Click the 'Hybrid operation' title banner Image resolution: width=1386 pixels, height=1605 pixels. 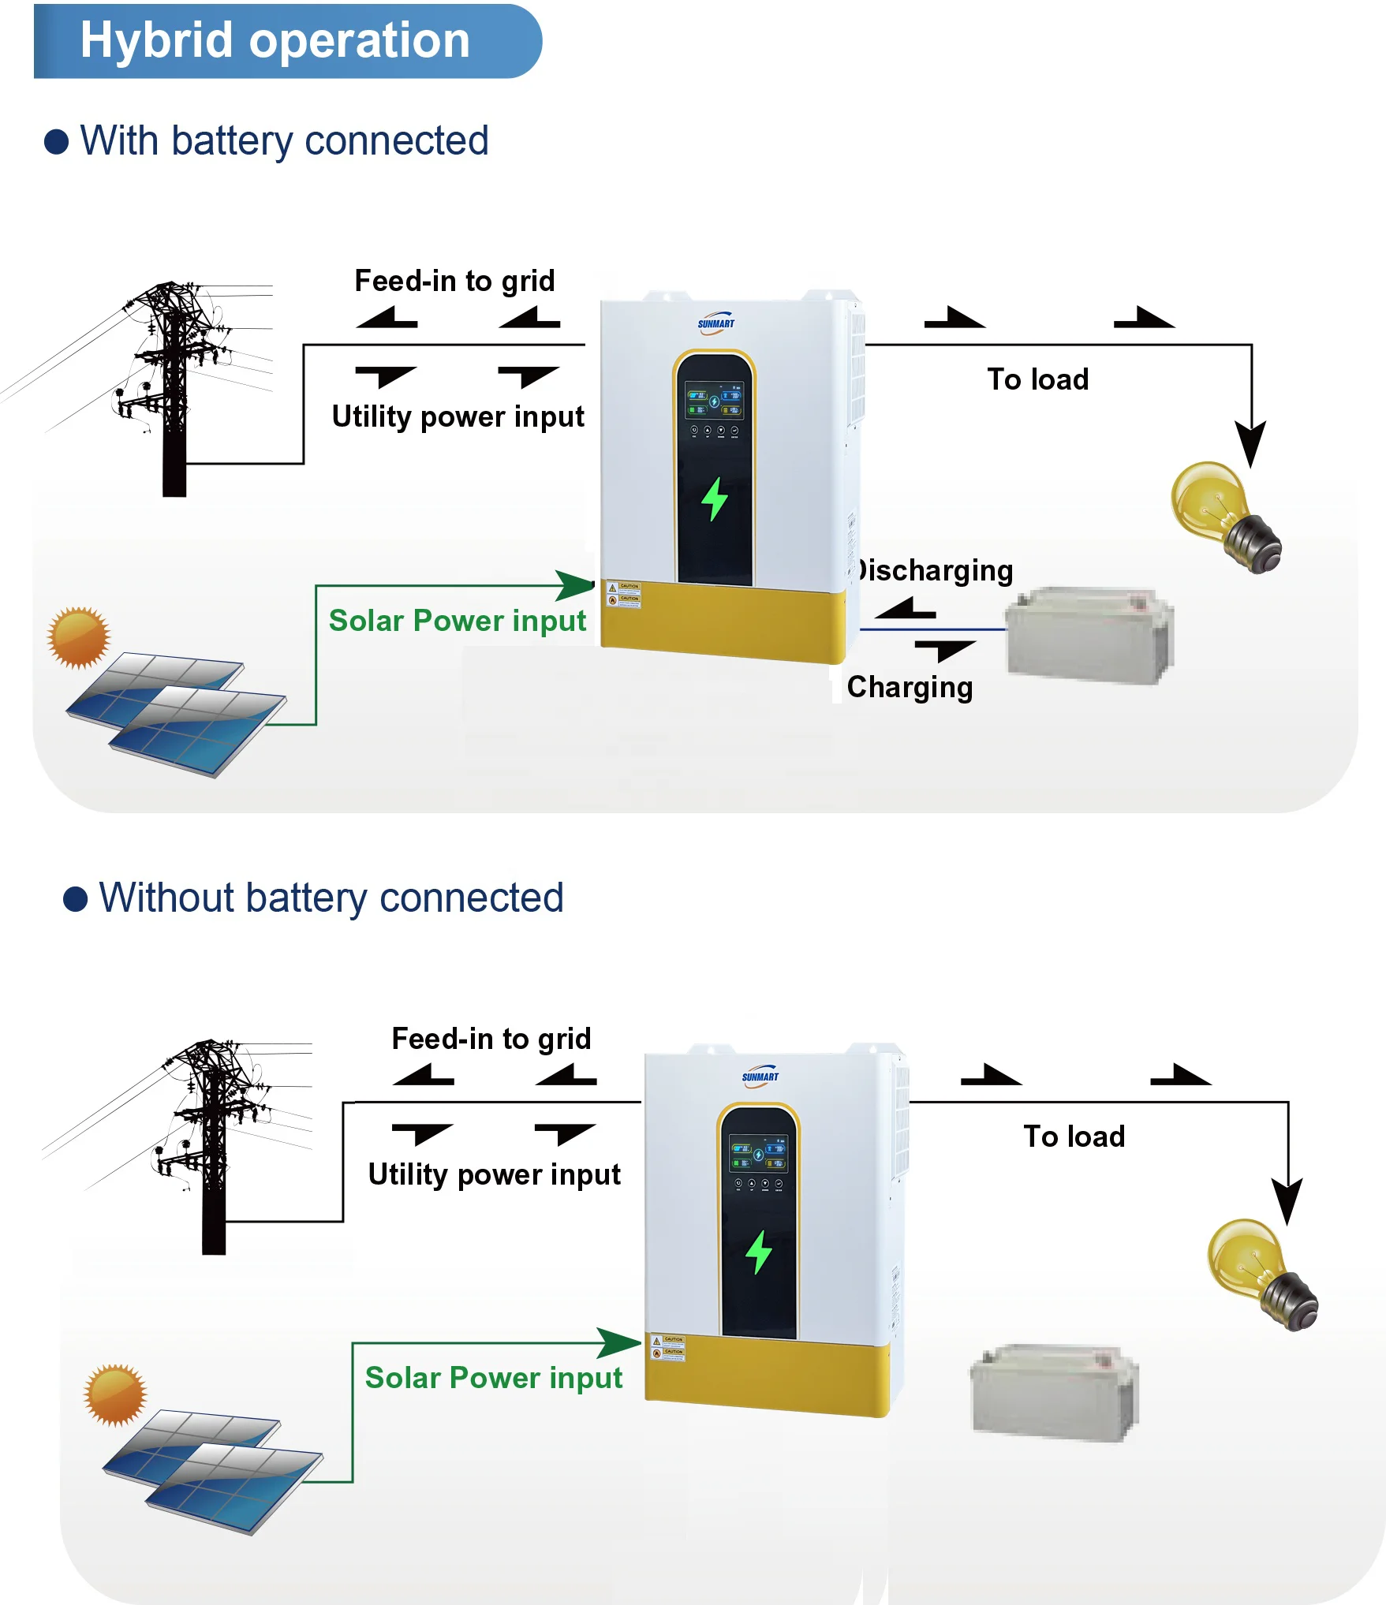point(284,41)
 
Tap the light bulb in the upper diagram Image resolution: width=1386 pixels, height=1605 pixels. point(1223,517)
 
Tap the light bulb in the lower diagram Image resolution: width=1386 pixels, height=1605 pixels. point(1260,1274)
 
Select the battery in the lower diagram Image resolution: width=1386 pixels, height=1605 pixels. point(1054,1392)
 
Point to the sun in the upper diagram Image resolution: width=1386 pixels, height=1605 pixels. point(78,637)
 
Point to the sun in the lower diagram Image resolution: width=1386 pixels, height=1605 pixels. point(115,1394)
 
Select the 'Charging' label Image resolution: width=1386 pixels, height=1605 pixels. point(910,687)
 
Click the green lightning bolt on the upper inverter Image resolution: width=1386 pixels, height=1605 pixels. point(715,498)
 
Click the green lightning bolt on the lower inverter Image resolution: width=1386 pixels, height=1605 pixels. point(759,1252)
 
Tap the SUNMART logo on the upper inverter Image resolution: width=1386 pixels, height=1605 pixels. point(715,324)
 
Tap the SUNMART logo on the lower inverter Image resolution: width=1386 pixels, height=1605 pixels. point(760,1077)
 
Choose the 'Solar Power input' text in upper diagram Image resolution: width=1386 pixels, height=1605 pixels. point(457,621)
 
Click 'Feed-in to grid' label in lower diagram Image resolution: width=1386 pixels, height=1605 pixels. point(491,1039)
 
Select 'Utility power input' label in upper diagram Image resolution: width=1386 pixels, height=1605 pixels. point(458,416)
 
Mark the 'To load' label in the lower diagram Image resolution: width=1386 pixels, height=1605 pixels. point(1074,1137)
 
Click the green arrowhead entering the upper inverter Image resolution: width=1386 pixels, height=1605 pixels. point(575,585)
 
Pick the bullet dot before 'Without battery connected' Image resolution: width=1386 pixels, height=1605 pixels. point(75,898)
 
